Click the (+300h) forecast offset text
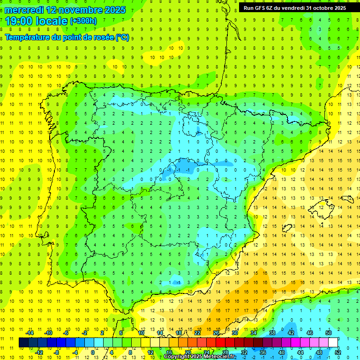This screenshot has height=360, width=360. coord(83,21)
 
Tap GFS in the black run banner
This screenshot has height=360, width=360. coord(261,8)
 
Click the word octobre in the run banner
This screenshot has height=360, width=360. coord(318,8)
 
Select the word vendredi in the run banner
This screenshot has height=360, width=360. coord(291,8)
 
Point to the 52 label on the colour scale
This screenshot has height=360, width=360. coord(338,352)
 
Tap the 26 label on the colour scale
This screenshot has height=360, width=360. coord(216,333)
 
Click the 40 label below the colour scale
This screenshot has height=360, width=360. coord(281,352)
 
